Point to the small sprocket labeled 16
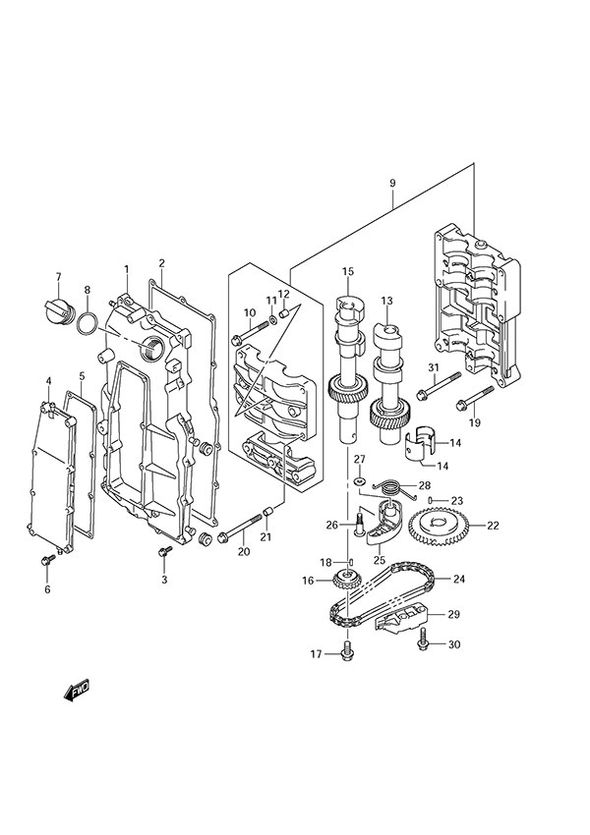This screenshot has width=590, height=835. (x=344, y=581)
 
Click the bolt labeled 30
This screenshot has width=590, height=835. (x=423, y=643)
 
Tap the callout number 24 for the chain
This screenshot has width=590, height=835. (x=485, y=578)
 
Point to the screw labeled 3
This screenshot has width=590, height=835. (x=164, y=556)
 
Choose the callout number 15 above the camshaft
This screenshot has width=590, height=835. (x=347, y=271)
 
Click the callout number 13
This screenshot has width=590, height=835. (x=386, y=301)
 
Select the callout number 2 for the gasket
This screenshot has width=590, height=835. (x=161, y=262)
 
